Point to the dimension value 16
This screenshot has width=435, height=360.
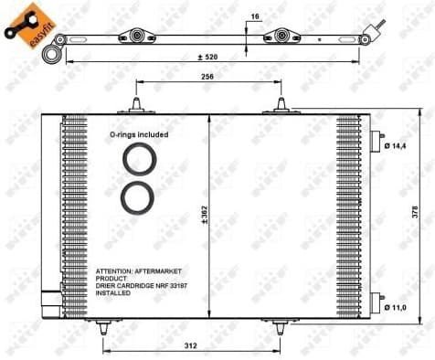tap(255, 16)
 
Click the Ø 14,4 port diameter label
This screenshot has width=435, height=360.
tap(398, 146)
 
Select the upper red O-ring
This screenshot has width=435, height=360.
tap(140, 159)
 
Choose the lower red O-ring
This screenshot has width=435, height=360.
tap(140, 196)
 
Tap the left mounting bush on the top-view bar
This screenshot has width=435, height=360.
tap(138, 37)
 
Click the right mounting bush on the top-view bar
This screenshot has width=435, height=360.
tap(275, 37)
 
